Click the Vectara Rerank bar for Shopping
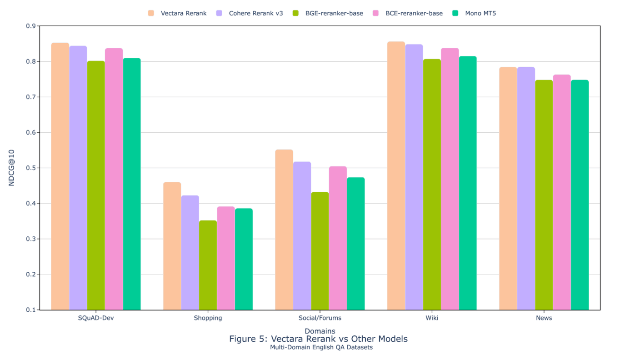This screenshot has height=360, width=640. [x=172, y=246]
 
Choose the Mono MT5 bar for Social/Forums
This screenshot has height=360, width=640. [x=356, y=244]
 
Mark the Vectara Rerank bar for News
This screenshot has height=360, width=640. [x=508, y=188]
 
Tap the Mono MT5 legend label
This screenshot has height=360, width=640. [x=480, y=13]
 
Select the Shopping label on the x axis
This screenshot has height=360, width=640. [x=208, y=318]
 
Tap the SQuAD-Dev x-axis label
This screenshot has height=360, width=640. [x=96, y=318]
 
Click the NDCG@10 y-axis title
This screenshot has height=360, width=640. [x=12, y=168]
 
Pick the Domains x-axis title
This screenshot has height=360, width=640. [x=320, y=331]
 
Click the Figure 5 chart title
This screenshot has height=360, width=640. [x=318, y=339]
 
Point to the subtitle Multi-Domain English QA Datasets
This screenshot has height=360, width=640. [x=321, y=347]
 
